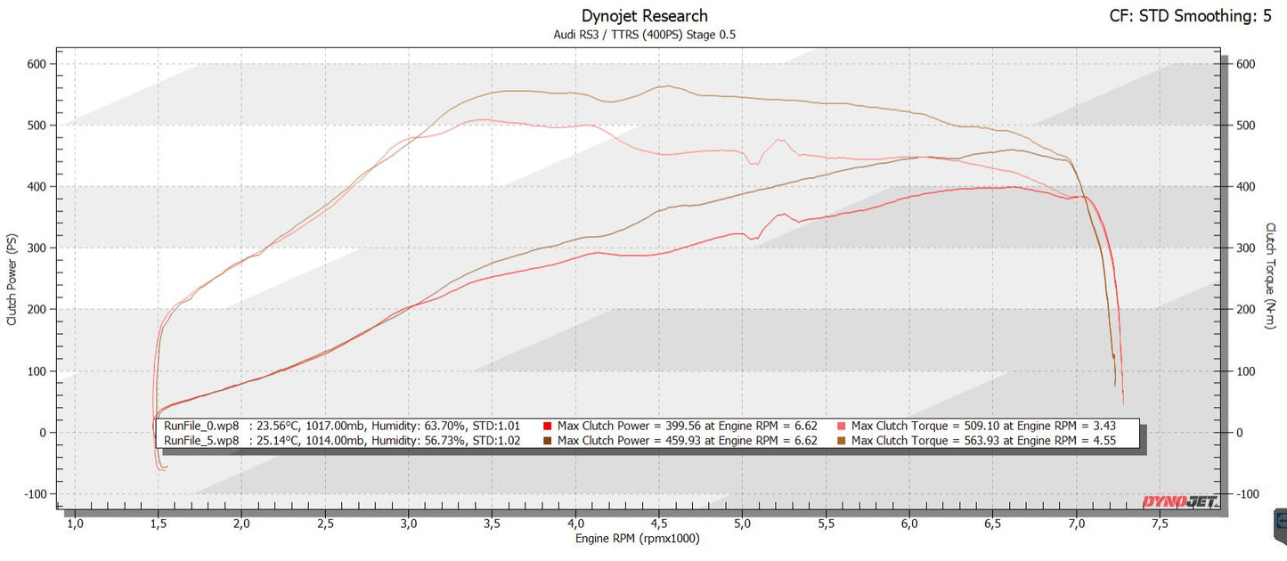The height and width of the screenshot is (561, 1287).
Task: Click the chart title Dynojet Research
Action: [644, 15]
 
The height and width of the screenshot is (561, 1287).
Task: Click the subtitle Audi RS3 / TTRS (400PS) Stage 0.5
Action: [644, 35]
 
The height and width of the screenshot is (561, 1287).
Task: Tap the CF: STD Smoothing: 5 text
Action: [1189, 15]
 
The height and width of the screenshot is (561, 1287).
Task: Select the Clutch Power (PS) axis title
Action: [12, 280]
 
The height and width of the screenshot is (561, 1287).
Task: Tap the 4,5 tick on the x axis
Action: [660, 524]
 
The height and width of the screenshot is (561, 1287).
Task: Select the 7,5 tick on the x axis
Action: [1161, 524]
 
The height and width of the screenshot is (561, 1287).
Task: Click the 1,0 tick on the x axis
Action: [75, 524]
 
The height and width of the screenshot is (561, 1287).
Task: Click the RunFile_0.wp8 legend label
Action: [201, 426]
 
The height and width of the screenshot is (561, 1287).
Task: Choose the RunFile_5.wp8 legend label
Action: [201, 440]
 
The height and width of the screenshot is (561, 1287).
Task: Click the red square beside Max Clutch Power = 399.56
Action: [548, 426]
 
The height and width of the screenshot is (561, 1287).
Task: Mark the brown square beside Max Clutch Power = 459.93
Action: [548, 440]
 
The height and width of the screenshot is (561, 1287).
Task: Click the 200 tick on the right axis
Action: [1246, 310]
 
